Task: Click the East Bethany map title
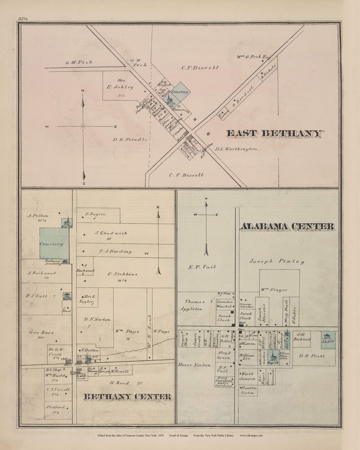[x=274, y=134]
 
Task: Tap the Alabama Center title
[x=287, y=227]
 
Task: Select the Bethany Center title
[x=128, y=397]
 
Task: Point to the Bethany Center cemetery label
[x=52, y=244]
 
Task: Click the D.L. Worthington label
[x=236, y=149]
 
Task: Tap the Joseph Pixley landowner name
[x=277, y=262]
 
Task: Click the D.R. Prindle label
[x=130, y=140]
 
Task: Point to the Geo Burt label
[x=41, y=332]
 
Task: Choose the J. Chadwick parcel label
[x=111, y=233]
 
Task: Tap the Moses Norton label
[x=195, y=365]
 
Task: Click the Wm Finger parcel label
[x=274, y=290]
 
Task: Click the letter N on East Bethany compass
[x=83, y=91]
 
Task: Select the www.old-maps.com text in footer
[x=251, y=436]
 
